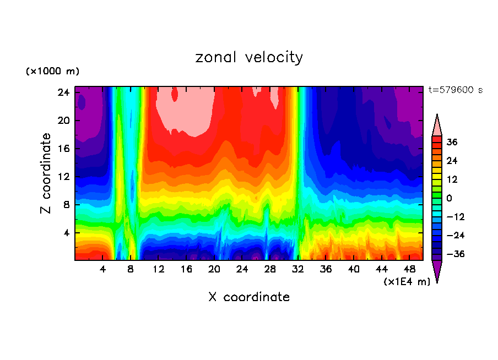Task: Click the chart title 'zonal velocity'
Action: pyautogui.click(x=249, y=57)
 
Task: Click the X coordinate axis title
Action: pyautogui.click(x=249, y=297)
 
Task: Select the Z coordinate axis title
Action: pyautogui.click(x=46, y=173)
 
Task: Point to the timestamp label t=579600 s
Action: pyautogui.click(x=455, y=90)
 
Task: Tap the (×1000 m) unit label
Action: pyautogui.click(x=52, y=72)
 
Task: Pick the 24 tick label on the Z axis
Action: pyautogui.click(x=63, y=92)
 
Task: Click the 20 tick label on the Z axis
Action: pyautogui.click(x=63, y=121)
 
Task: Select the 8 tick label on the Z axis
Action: pyautogui.click(x=66, y=205)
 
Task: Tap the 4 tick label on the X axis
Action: pyautogui.click(x=102, y=269)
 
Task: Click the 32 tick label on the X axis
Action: pyautogui.click(x=298, y=269)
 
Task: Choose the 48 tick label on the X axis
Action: pyautogui.click(x=409, y=269)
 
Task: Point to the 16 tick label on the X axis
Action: pyautogui.click(x=186, y=269)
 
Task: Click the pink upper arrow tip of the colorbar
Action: pyautogui.click(x=437, y=125)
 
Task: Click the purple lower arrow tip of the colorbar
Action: pyautogui.click(x=437, y=272)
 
